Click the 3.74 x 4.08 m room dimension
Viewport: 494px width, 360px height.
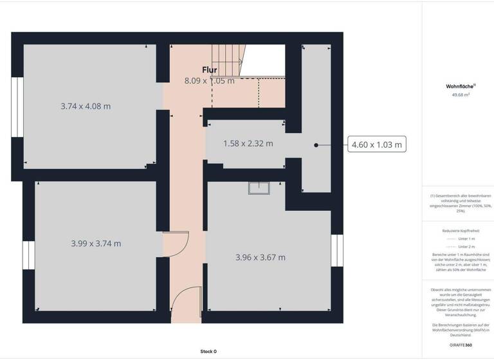pyautogui.click(x=86, y=106)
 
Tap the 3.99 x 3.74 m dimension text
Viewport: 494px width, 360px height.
pyautogui.click(x=96, y=244)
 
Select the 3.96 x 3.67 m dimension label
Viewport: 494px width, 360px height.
pyautogui.click(x=261, y=257)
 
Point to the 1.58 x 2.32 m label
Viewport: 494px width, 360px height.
pyautogui.click(x=248, y=143)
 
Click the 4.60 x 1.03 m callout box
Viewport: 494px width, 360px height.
pyautogui.click(x=377, y=145)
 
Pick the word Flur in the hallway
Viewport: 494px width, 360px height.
pyautogui.click(x=210, y=70)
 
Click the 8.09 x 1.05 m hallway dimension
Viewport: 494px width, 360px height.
pyautogui.click(x=210, y=80)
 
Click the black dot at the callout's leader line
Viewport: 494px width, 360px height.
pyautogui.click(x=316, y=145)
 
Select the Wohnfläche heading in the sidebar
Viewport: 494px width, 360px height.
pyautogui.click(x=460, y=85)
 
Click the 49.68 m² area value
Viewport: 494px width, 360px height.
pyautogui.click(x=460, y=94)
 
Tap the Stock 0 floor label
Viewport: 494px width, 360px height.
pyautogui.click(x=208, y=352)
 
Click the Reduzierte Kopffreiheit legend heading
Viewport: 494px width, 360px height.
pyautogui.click(x=460, y=231)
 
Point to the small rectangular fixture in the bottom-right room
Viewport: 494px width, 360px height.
pyautogui.click(x=261, y=187)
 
